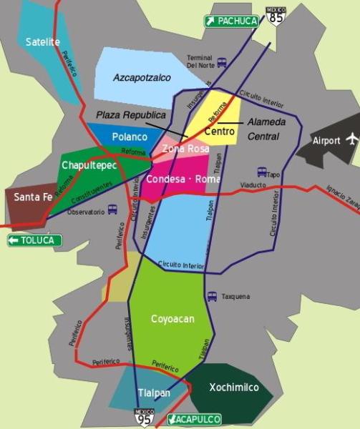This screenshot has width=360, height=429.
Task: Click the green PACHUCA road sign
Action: point(231,21)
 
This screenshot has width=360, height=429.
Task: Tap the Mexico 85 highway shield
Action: point(275,15)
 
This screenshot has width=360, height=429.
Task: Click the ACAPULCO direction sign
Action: point(194,419)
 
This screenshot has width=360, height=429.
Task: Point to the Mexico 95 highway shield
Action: point(144,418)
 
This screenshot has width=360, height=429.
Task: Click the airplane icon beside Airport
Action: point(351,139)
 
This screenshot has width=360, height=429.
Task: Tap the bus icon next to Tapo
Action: point(262,172)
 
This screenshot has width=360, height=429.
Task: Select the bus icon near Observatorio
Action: point(112,210)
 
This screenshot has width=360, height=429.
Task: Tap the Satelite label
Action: point(43,42)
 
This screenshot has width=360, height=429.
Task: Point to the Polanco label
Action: point(130,137)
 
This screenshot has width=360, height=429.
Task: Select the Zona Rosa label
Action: point(185,149)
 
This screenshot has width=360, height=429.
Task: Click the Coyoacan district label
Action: point(172,319)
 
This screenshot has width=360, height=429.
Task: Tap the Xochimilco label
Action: point(229,388)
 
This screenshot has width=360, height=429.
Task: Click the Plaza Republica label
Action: point(130,115)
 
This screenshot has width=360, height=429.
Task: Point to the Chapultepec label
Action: point(89,166)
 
